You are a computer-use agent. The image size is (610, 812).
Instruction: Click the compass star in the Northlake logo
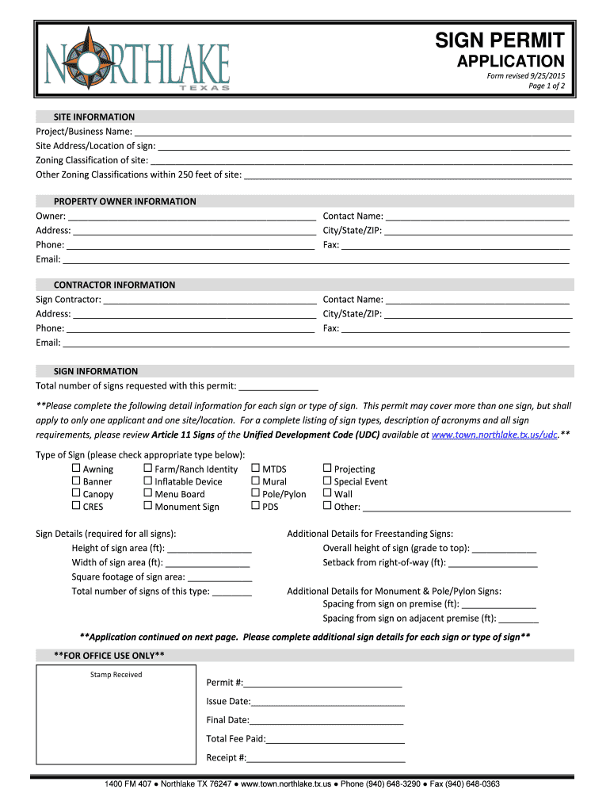90,57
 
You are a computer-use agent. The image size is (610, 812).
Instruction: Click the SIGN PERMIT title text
501,40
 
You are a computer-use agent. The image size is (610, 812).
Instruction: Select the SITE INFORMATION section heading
93,117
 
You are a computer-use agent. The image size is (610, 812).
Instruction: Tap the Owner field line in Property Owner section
193,216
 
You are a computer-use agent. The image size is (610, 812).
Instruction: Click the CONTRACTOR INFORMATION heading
114,285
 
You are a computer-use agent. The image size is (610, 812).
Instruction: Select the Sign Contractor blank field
210,300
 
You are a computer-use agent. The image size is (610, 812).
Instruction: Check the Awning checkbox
77,469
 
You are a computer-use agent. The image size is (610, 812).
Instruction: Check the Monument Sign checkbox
148,506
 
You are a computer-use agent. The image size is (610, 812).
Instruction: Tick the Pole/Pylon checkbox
255,493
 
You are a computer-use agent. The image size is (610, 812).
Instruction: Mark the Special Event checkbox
327,481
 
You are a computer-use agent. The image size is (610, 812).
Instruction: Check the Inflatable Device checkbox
148,481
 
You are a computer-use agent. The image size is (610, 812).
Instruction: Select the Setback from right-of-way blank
492,563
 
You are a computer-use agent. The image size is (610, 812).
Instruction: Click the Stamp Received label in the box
116,675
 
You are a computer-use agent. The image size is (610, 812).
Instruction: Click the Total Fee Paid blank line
336,739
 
